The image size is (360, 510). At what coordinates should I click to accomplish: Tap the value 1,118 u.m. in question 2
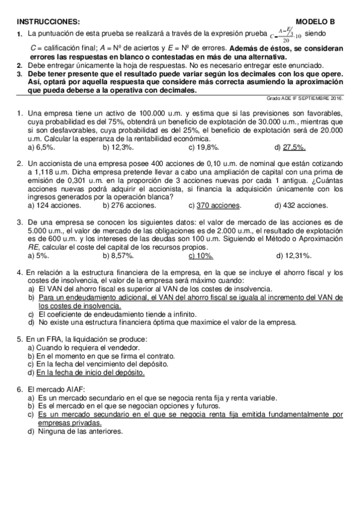point(47,171)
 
